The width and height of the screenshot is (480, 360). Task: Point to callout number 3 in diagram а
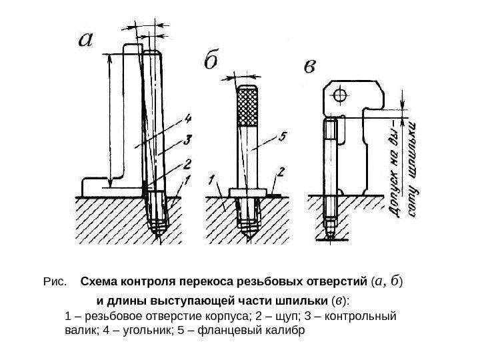(188, 140)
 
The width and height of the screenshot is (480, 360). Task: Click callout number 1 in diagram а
(188, 179)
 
